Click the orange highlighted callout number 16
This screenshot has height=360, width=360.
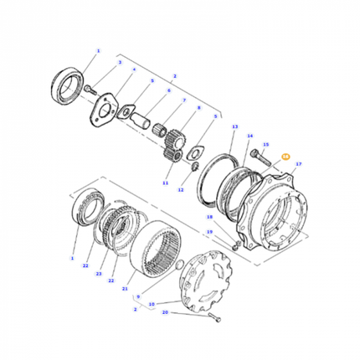click(x=285, y=156)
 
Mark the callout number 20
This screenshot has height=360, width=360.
click(x=166, y=312)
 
